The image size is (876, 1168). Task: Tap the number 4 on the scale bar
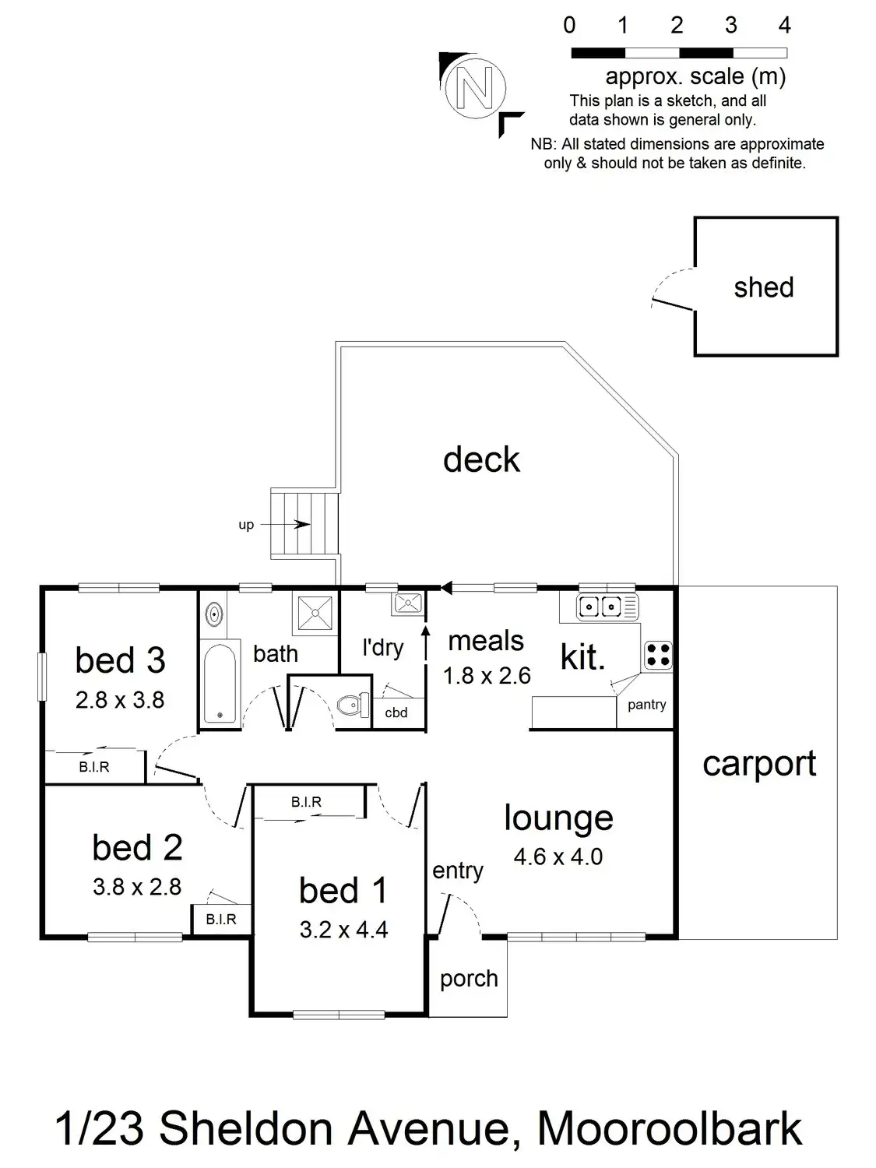click(784, 26)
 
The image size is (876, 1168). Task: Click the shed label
click(763, 287)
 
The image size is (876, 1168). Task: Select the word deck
click(481, 459)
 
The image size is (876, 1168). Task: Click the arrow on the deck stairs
click(301, 524)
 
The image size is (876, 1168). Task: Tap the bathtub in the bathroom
click(219, 682)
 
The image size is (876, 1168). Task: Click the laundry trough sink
click(408, 603)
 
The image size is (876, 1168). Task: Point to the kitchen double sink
click(607, 605)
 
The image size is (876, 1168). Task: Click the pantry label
click(646, 705)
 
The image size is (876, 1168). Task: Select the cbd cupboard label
click(396, 712)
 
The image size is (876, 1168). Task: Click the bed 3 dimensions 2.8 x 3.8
click(120, 700)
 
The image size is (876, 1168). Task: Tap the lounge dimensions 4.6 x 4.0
click(558, 857)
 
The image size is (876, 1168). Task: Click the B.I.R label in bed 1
click(306, 802)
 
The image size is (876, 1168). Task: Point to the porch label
click(468, 978)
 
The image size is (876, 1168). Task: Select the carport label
click(759, 764)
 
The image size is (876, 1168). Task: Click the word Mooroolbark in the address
click(670, 1129)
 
